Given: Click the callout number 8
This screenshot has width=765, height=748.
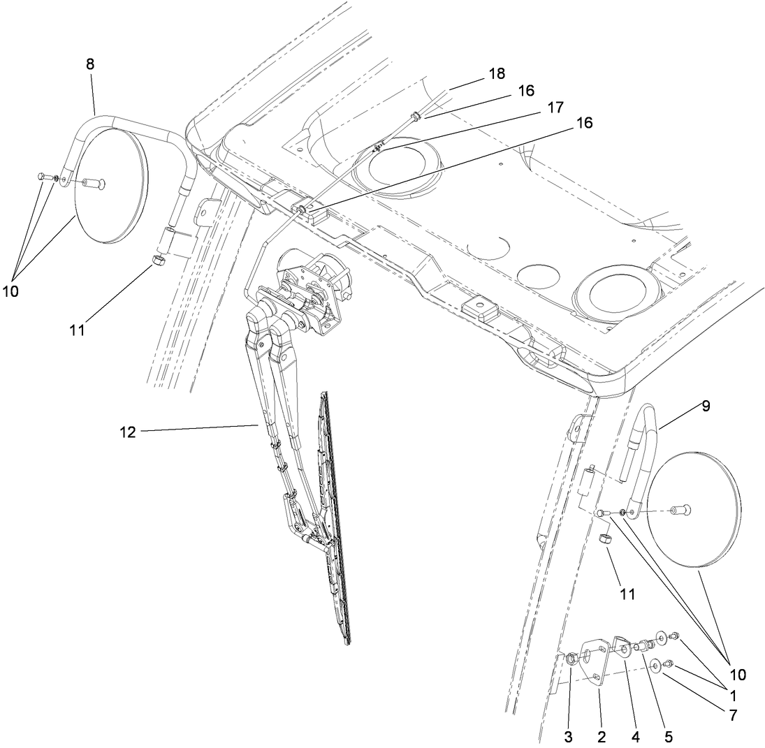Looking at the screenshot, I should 90,64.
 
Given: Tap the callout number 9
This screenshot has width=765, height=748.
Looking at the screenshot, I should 706,406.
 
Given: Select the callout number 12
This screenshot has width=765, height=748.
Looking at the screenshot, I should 128,432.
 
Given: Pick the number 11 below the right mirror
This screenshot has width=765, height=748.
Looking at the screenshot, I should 627,594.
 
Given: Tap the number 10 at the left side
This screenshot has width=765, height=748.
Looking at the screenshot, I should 10,291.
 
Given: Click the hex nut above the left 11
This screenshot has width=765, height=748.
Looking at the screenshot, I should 159,262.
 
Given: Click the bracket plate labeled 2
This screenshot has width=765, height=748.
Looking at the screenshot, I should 595,663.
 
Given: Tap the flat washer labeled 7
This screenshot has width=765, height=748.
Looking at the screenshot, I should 656,666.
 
